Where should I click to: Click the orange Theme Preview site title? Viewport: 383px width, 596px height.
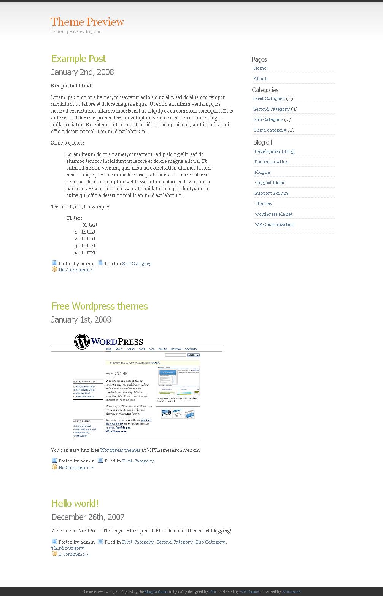87,22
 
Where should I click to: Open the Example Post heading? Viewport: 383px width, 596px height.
78,59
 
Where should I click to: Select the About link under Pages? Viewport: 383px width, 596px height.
260,79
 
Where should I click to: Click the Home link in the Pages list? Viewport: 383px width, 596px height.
260,68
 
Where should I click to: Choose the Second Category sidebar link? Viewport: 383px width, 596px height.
271,109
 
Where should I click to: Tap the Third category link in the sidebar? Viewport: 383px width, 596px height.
270,130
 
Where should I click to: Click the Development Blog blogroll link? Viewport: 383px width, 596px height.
274,151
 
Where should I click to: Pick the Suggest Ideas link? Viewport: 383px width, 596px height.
269,183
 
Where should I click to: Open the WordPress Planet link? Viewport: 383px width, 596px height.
273,214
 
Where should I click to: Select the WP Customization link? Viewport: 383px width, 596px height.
274,224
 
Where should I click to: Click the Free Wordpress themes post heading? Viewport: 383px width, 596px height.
99,306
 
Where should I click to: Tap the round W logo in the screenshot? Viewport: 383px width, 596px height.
81,342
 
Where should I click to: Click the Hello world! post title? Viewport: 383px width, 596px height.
75,504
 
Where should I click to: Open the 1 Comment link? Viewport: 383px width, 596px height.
73,554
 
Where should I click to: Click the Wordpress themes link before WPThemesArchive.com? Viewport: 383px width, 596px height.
120,450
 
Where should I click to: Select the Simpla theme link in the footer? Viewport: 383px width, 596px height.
156,592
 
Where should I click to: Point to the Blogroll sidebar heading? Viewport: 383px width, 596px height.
262,142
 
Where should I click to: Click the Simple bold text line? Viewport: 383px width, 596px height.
71,86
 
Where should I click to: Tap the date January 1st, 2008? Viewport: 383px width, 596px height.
81,319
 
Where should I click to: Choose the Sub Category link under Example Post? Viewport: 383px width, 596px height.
137,264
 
